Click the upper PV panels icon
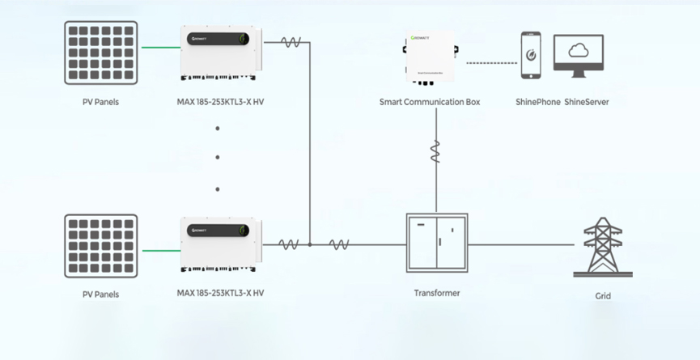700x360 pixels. (x=100, y=53)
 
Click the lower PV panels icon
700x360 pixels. (x=100, y=246)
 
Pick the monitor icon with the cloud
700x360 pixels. (x=578, y=55)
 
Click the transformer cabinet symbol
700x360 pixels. (x=436, y=243)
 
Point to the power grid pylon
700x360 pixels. (x=603, y=247)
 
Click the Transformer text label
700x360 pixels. (x=436, y=293)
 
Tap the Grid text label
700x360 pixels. (x=603, y=296)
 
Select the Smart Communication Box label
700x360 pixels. (x=430, y=102)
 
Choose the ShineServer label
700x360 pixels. (x=587, y=102)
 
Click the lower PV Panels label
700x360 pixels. (x=100, y=294)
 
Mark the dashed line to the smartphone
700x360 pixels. (x=492, y=62)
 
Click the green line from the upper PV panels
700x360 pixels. (x=160, y=47)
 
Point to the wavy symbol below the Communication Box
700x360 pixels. (x=435, y=151)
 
